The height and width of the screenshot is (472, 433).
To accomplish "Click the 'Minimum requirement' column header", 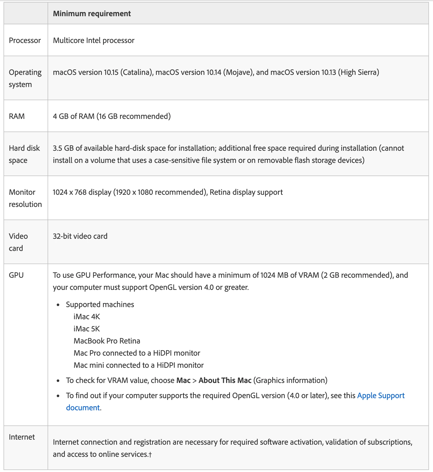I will (92, 14).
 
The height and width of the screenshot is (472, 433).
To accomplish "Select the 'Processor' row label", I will (25, 40).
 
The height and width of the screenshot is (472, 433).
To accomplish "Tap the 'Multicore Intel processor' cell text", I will (93, 40).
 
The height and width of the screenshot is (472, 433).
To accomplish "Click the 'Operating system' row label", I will (25, 78).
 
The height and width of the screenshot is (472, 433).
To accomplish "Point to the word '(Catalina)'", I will (137, 72).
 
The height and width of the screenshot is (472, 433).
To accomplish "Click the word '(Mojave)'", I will (239, 72).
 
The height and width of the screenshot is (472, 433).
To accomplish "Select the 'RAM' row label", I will (17, 116).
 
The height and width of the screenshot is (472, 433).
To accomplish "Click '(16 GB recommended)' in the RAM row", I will (133, 116).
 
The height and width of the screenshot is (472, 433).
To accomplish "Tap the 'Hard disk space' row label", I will (24, 154).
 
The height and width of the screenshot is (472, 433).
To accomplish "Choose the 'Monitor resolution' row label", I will (25, 198).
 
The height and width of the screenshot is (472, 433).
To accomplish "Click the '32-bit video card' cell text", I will (80, 236).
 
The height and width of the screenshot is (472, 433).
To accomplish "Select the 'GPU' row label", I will (16, 275).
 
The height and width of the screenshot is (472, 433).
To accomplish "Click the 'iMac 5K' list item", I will (87, 329).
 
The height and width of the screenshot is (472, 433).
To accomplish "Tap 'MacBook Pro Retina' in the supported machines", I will (107, 341).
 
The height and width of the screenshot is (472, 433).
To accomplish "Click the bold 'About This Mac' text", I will (225, 380).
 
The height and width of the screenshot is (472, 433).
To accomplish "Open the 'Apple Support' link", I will (381, 396).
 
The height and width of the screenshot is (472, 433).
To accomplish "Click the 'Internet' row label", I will (22, 437).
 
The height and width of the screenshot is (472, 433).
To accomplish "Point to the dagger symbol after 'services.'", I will (150, 455).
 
